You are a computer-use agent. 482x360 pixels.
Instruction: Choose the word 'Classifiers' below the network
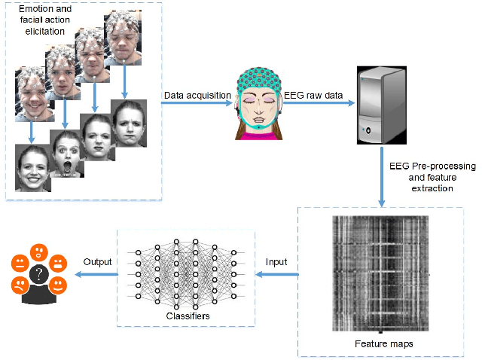[185, 316]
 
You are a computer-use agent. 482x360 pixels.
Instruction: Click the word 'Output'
[97, 262]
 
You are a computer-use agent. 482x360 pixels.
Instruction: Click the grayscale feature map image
[380, 274]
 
